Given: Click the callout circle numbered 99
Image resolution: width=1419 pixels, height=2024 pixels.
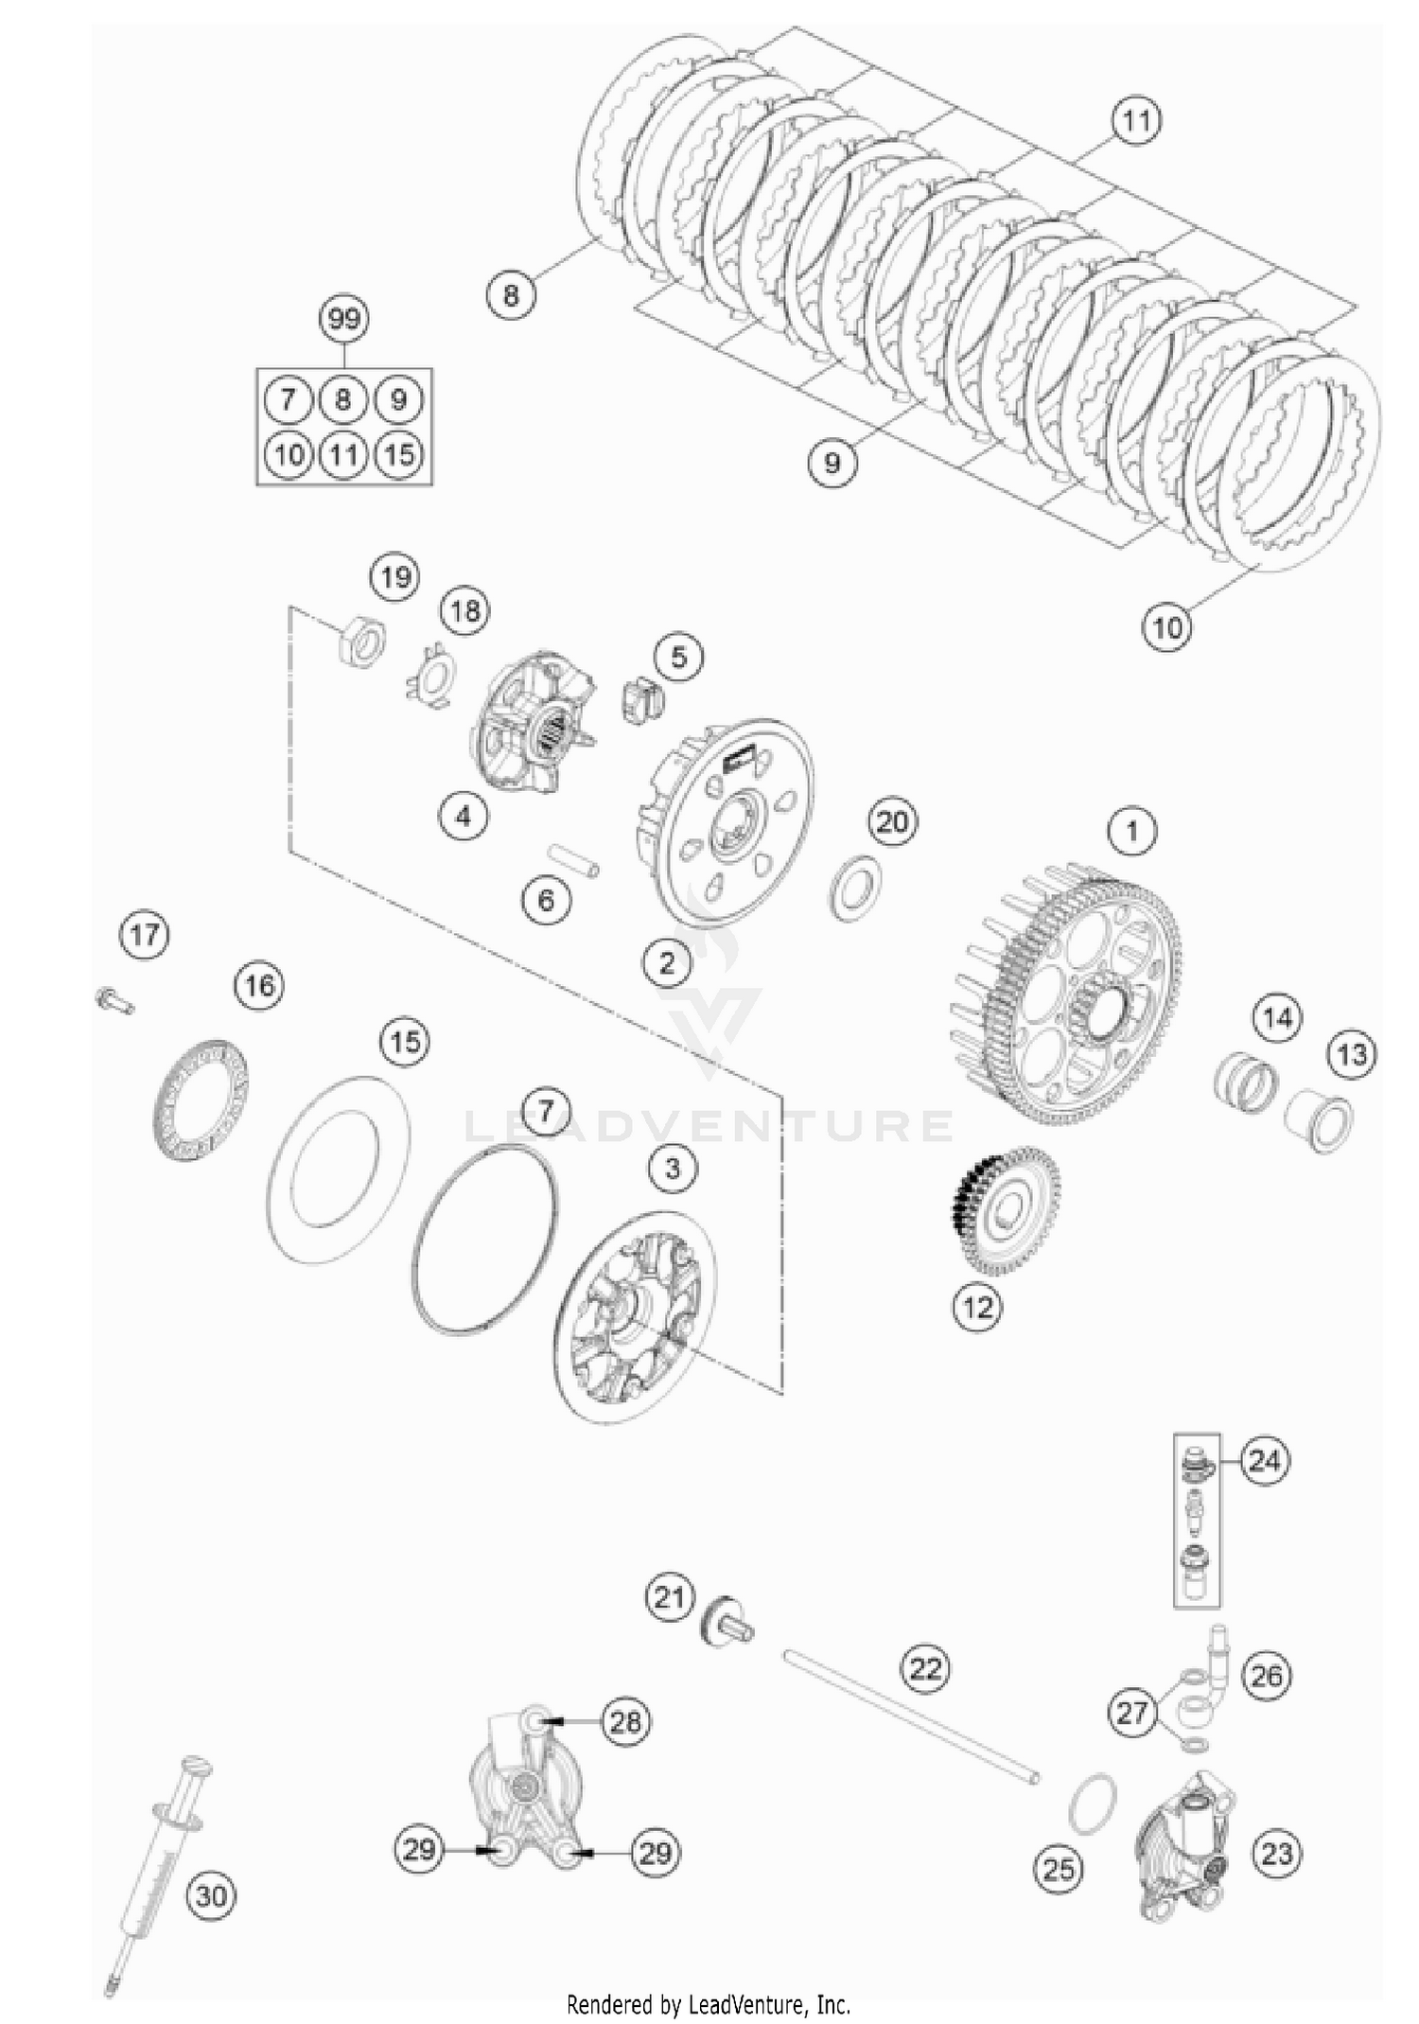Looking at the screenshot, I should [344, 318].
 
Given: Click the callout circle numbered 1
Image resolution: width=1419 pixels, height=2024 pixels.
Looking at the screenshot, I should [1131, 832].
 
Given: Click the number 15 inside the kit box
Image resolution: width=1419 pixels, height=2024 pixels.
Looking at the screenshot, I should [399, 454].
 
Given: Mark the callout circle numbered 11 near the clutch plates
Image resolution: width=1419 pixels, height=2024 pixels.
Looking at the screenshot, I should [1136, 121].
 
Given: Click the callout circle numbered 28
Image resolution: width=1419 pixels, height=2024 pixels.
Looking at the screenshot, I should [625, 1721].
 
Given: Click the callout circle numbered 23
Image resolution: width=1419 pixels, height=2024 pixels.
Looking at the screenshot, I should [1276, 1854].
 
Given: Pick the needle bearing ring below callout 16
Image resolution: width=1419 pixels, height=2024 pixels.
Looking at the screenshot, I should [201, 1098].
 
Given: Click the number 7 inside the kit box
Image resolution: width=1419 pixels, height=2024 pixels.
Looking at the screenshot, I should [288, 399].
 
